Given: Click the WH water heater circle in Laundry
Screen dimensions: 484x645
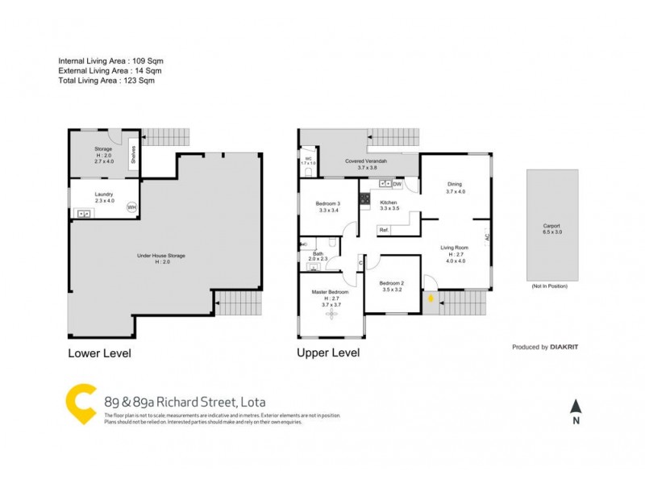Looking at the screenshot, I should pyautogui.click(x=131, y=207).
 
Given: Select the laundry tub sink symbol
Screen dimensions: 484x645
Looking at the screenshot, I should pyautogui.click(x=82, y=214).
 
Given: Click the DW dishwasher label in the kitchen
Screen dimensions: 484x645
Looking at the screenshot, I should pyautogui.click(x=397, y=183).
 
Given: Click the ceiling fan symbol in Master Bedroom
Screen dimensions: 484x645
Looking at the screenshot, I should pyautogui.click(x=330, y=314).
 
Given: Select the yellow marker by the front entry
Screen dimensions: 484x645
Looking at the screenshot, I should pyautogui.click(x=432, y=299).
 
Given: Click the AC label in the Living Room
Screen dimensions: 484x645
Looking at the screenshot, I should pyautogui.click(x=487, y=238).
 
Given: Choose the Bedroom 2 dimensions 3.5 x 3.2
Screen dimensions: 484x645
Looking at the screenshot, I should pyautogui.click(x=391, y=289).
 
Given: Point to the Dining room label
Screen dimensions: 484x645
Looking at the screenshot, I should pyautogui.click(x=455, y=184).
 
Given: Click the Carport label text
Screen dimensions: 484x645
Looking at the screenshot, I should pyautogui.click(x=551, y=226).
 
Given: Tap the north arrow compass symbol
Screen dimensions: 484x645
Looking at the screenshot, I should pyautogui.click(x=575, y=407).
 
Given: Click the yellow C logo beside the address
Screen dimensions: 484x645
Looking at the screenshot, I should pyautogui.click(x=81, y=403).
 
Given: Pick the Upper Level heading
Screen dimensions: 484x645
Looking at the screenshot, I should pyautogui.click(x=328, y=353).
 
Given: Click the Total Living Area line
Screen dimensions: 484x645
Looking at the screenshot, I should pyautogui.click(x=106, y=81).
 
